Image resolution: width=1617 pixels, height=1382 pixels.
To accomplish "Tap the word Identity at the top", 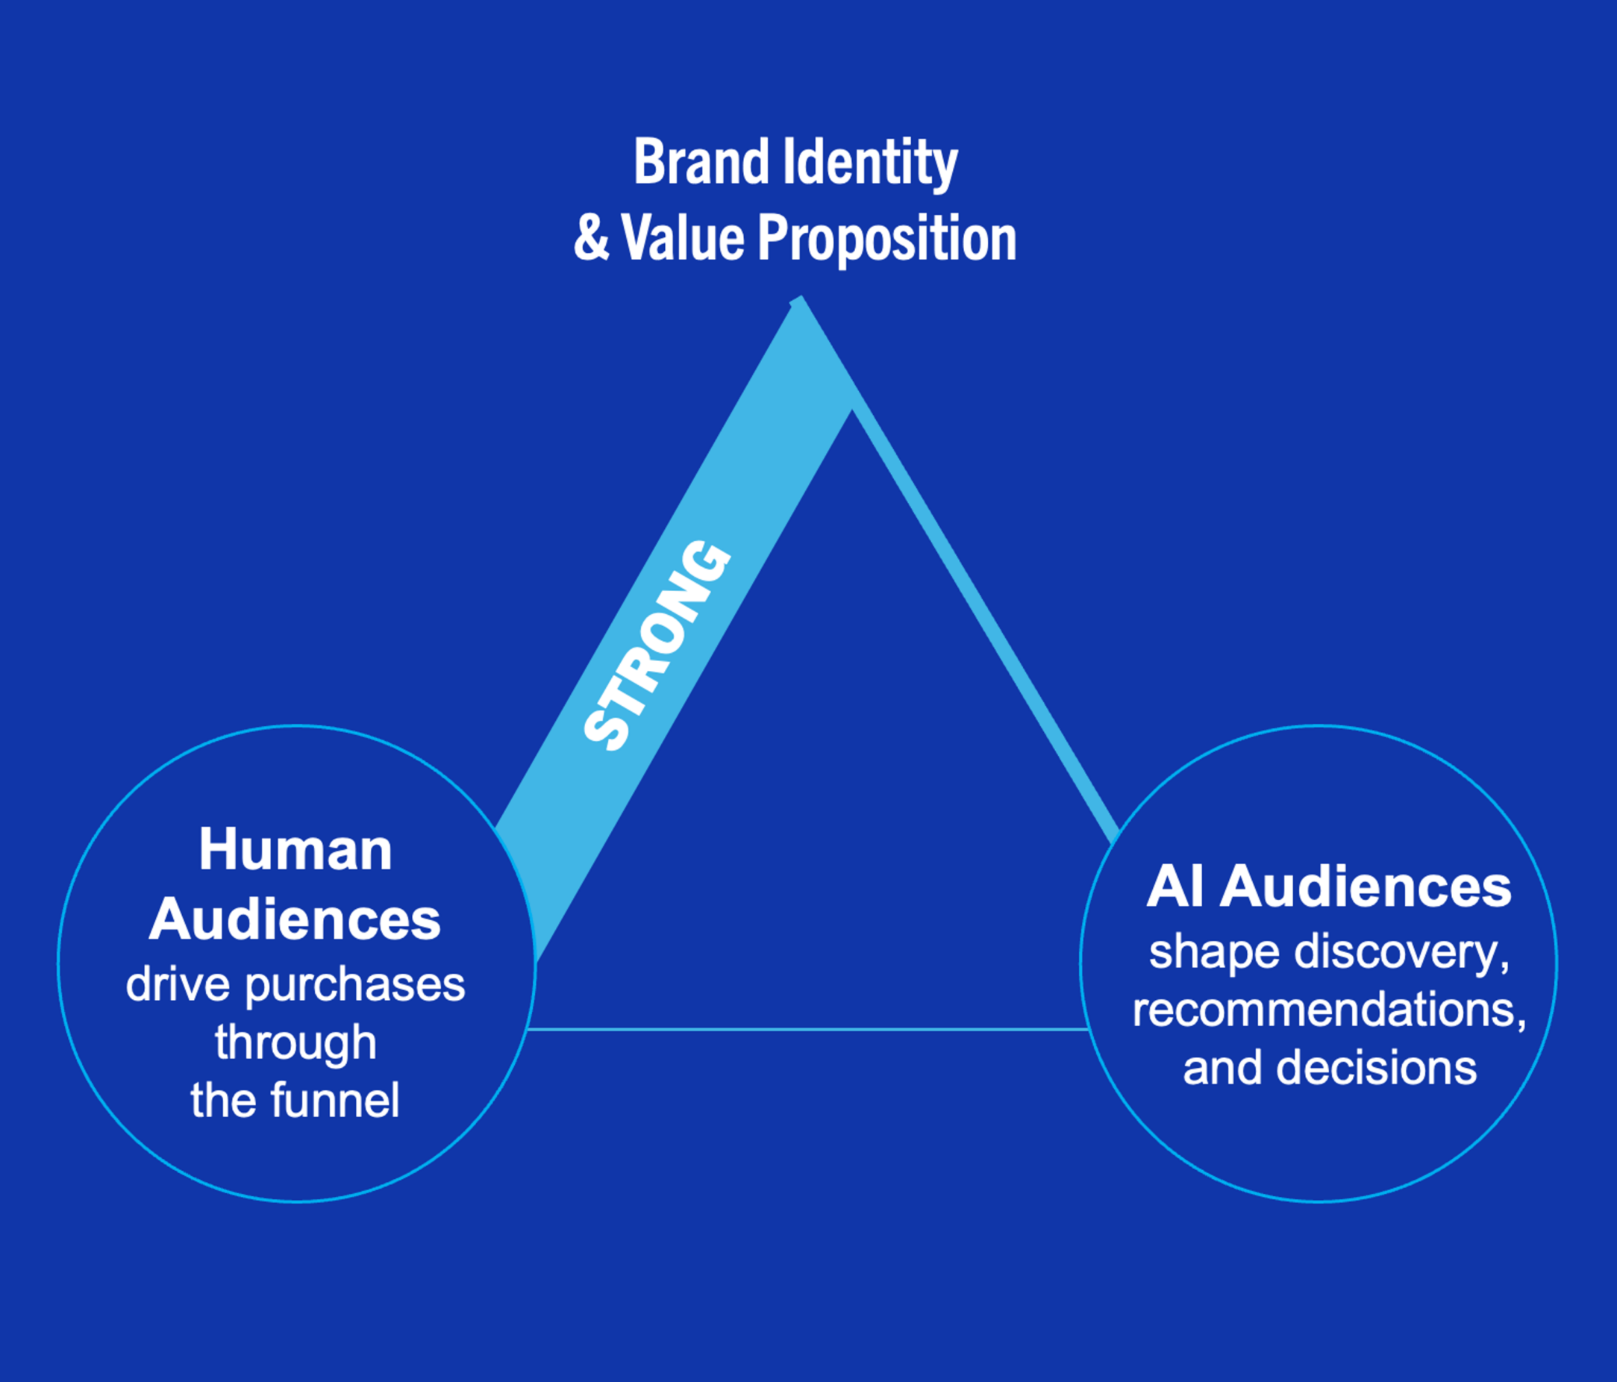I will pyautogui.click(x=870, y=163).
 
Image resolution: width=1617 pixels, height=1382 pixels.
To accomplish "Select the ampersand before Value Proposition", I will pyautogui.click(x=591, y=239).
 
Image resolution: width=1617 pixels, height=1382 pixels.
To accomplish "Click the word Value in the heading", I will pyautogui.click(x=683, y=237).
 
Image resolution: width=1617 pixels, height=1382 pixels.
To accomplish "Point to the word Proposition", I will pyautogui.click(x=887, y=239).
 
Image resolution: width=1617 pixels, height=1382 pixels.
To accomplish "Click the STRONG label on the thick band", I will pyautogui.click(x=657, y=645).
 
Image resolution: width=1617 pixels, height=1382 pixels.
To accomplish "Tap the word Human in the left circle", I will pyautogui.click(x=295, y=849).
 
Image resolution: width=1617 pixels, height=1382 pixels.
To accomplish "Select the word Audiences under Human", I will pyautogui.click(x=295, y=919).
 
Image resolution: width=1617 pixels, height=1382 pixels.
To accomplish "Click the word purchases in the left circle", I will pyautogui.click(x=355, y=985).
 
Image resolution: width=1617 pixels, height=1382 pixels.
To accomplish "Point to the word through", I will pyautogui.click(x=295, y=1042).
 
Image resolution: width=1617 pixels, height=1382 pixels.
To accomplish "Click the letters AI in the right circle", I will pyautogui.click(x=1174, y=887).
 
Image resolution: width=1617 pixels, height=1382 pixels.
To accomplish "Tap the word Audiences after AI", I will pyautogui.click(x=1366, y=887).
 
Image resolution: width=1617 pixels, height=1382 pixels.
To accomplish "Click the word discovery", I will pyautogui.click(x=1401, y=952).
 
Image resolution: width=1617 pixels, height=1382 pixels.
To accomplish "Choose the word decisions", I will pyautogui.click(x=1377, y=1068).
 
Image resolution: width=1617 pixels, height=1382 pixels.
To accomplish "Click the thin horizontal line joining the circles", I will pyautogui.click(x=807, y=1029).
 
